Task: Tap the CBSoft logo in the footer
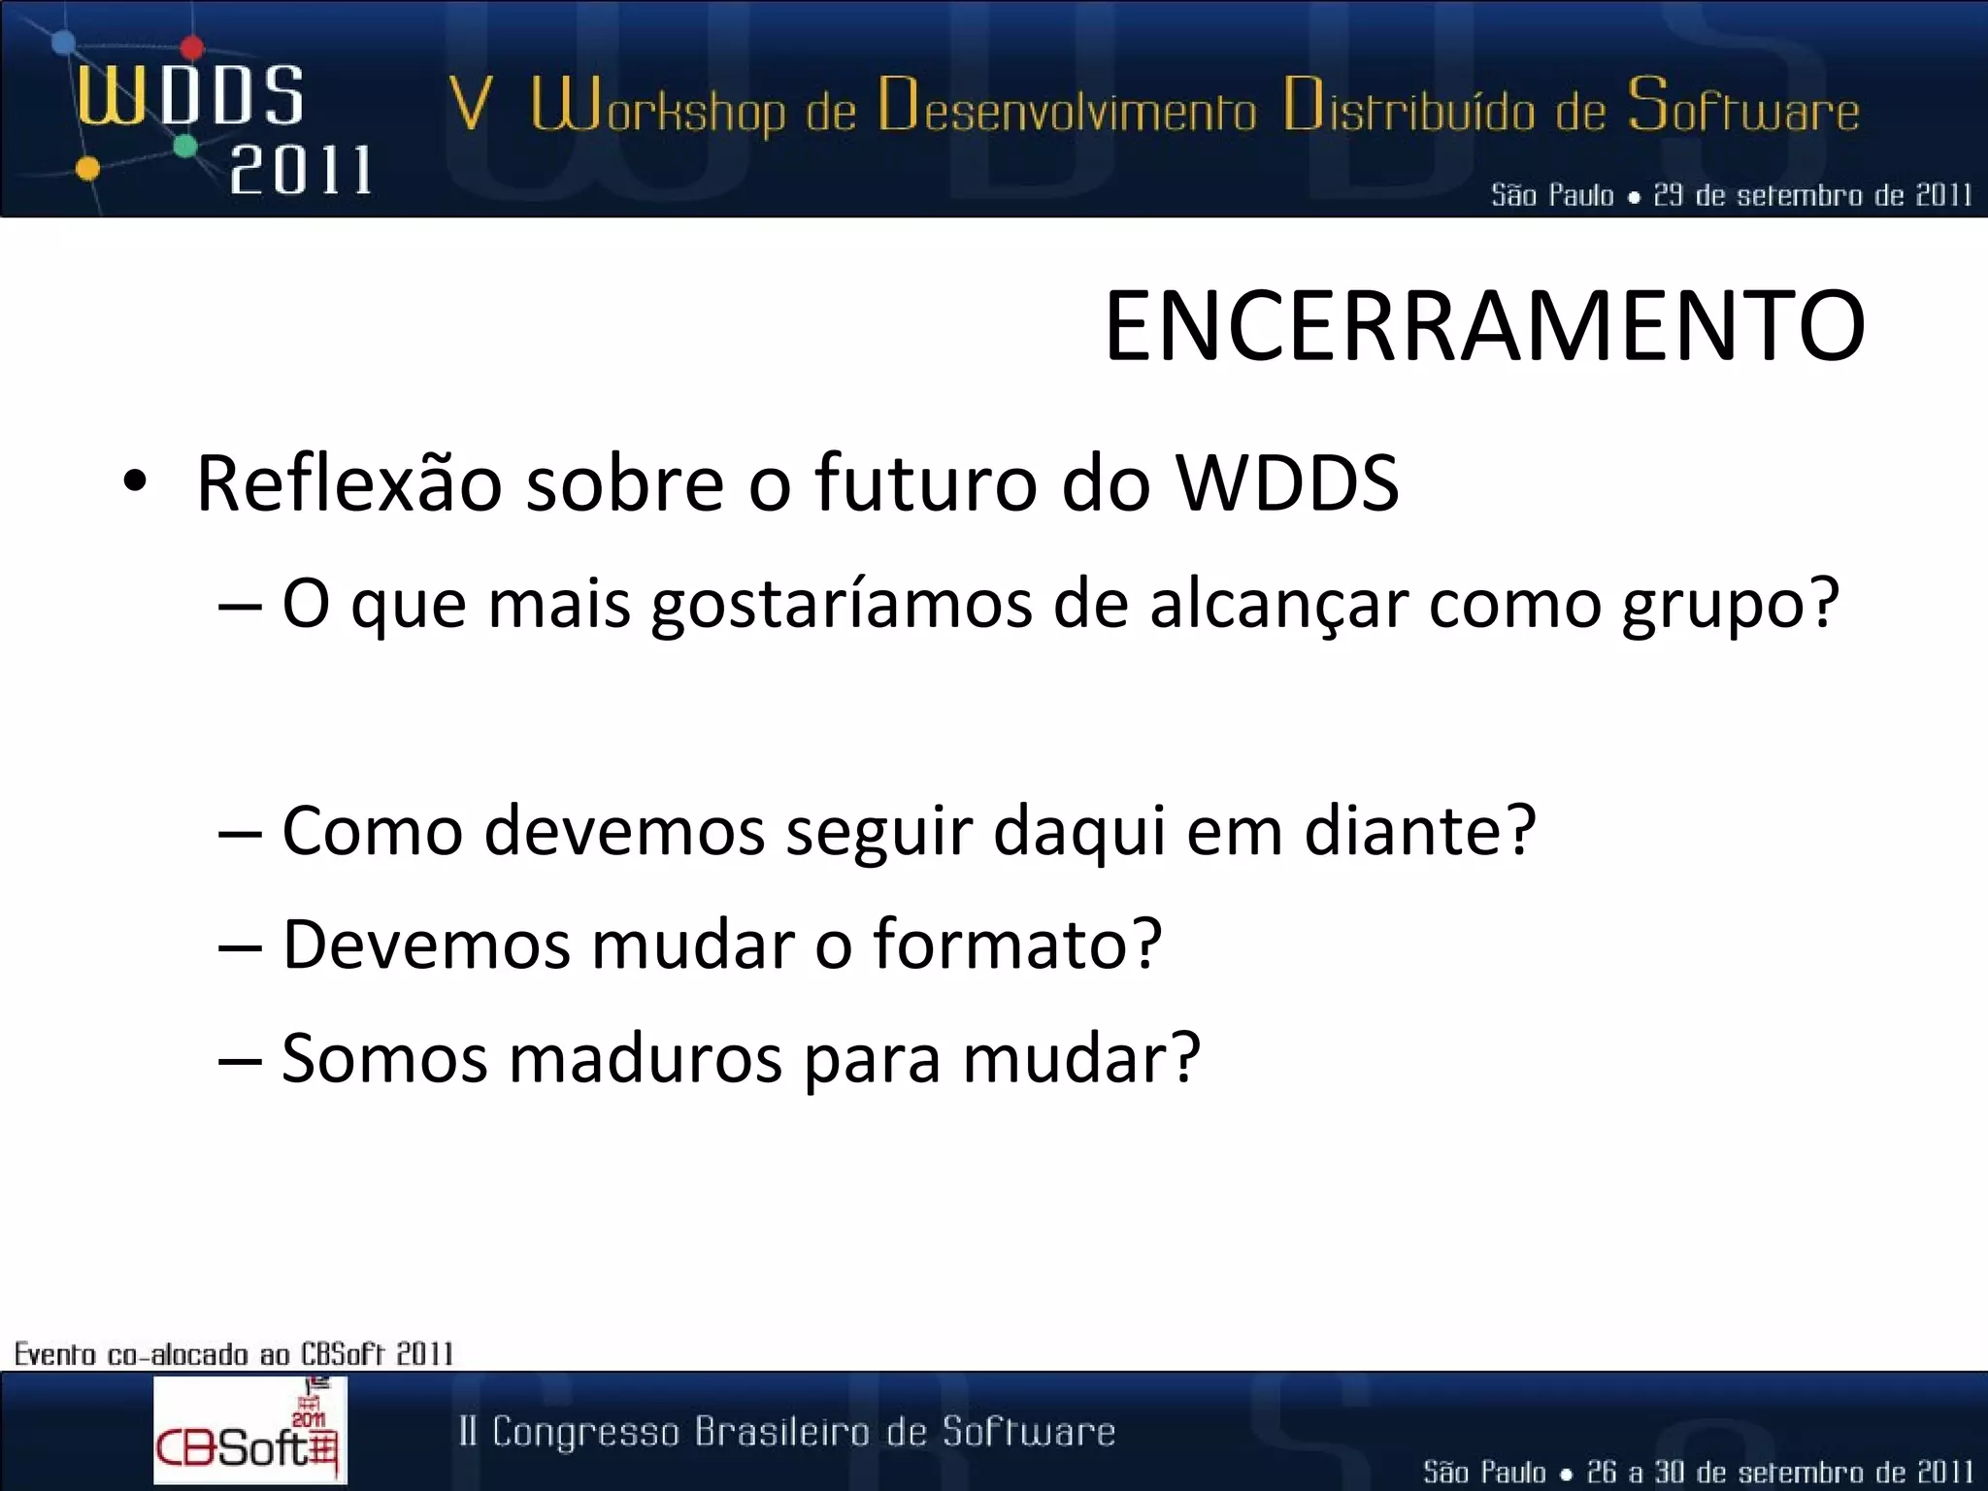click(x=248, y=1430)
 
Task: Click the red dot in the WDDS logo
click(x=192, y=47)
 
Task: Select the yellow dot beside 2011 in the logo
click(x=87, y=169)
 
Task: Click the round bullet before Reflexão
click(x=135, y=482)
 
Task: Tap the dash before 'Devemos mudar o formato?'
click(x=239, y=945)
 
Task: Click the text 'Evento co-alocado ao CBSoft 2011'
click(x=234, y=1353)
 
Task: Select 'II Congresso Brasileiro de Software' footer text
click(x=787, y=1432)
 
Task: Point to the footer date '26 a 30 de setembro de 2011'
click(x=1779, y=1472)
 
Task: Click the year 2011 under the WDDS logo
click(x=300, y=171)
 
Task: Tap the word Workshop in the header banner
click(x=657, y=110)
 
